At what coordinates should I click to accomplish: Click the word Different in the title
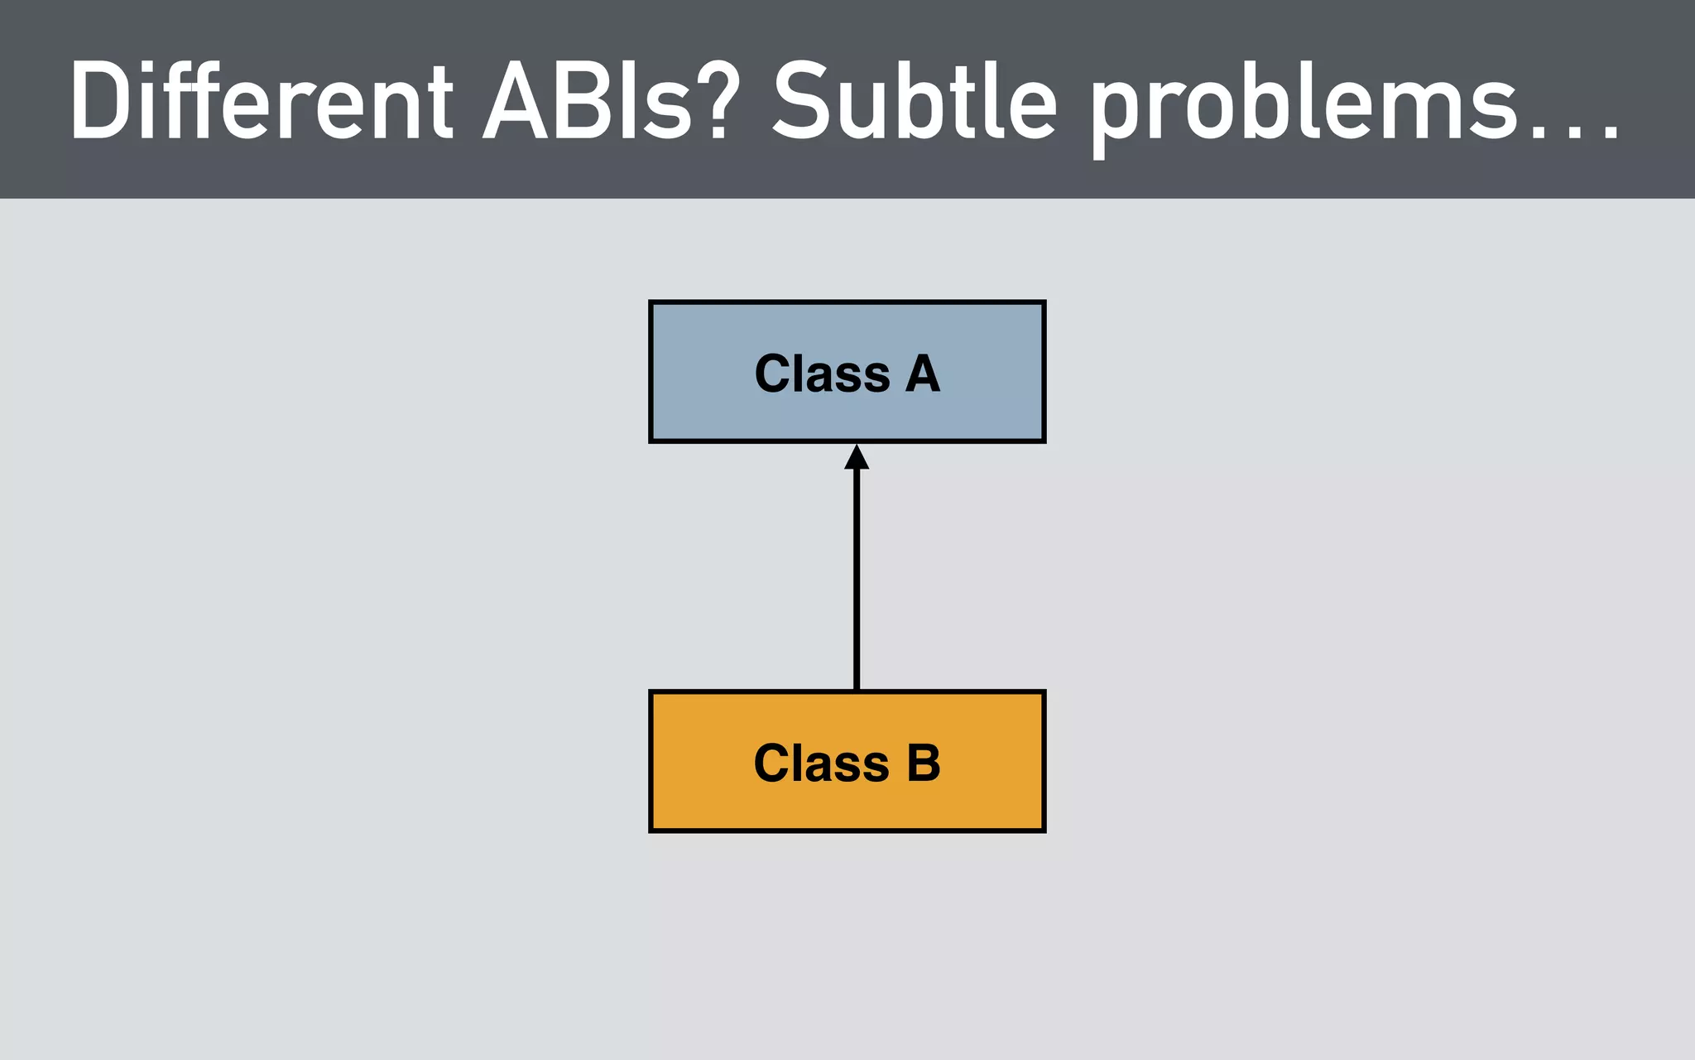tap(262, 102)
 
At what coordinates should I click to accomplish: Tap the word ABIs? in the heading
tap(608, 102)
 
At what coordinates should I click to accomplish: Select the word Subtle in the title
tap(914, 102)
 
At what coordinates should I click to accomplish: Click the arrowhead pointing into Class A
tap(857, 457)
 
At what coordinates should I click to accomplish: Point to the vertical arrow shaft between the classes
tap(857, 580)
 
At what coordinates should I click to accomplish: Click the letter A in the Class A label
tap(922, 373)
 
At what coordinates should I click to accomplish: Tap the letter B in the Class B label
tap(924, 763)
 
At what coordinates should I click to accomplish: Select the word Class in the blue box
tap(822, 373)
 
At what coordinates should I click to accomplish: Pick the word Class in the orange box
tap(821, 763)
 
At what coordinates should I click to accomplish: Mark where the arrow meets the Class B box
tap(857, 690)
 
